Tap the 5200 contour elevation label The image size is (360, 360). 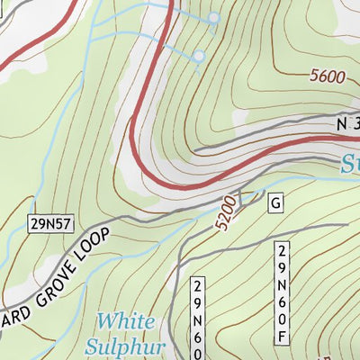point(227,211)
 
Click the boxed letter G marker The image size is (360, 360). point(274,204)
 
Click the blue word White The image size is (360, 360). point(125,321)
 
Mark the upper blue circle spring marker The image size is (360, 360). point(214,18)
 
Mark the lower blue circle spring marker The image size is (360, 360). point(198,56)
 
